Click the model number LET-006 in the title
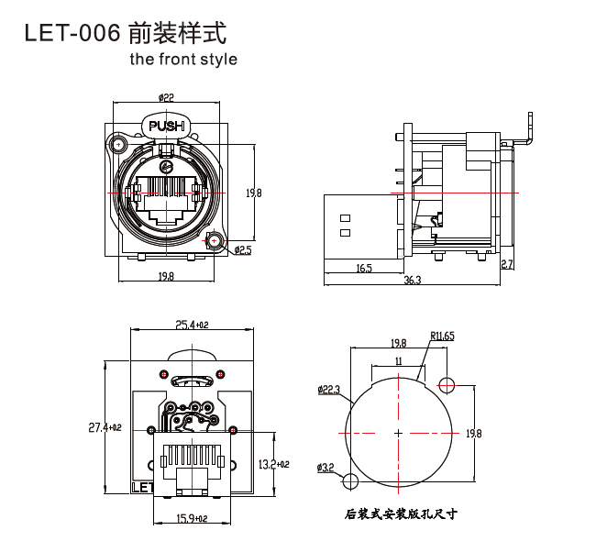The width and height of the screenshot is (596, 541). (x=72, y=34)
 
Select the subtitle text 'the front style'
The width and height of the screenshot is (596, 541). (x=183, y=60)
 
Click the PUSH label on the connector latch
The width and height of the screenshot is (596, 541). (x=166, y=126)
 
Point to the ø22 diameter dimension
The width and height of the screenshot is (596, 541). (x=166, y=96)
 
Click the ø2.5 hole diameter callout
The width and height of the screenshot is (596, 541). (x=243, y=249)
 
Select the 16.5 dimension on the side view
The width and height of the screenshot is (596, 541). (x=363, y=268)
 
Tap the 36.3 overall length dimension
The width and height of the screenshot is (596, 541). (x=412, y=280)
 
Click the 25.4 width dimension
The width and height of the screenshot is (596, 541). (x=191, y=325)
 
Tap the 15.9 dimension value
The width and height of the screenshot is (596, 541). (x=192, y=519)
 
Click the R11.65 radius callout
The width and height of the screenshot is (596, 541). (x=442, y=337)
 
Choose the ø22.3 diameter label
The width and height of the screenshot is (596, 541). (x=329, y=391)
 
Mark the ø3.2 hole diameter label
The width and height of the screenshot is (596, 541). (x=326, y=468)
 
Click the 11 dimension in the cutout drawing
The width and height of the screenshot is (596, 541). (x=398, y=361)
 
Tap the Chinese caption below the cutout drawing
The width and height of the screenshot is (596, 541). (x=401, y=514)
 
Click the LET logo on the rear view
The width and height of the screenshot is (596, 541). (x=142, y=487)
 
